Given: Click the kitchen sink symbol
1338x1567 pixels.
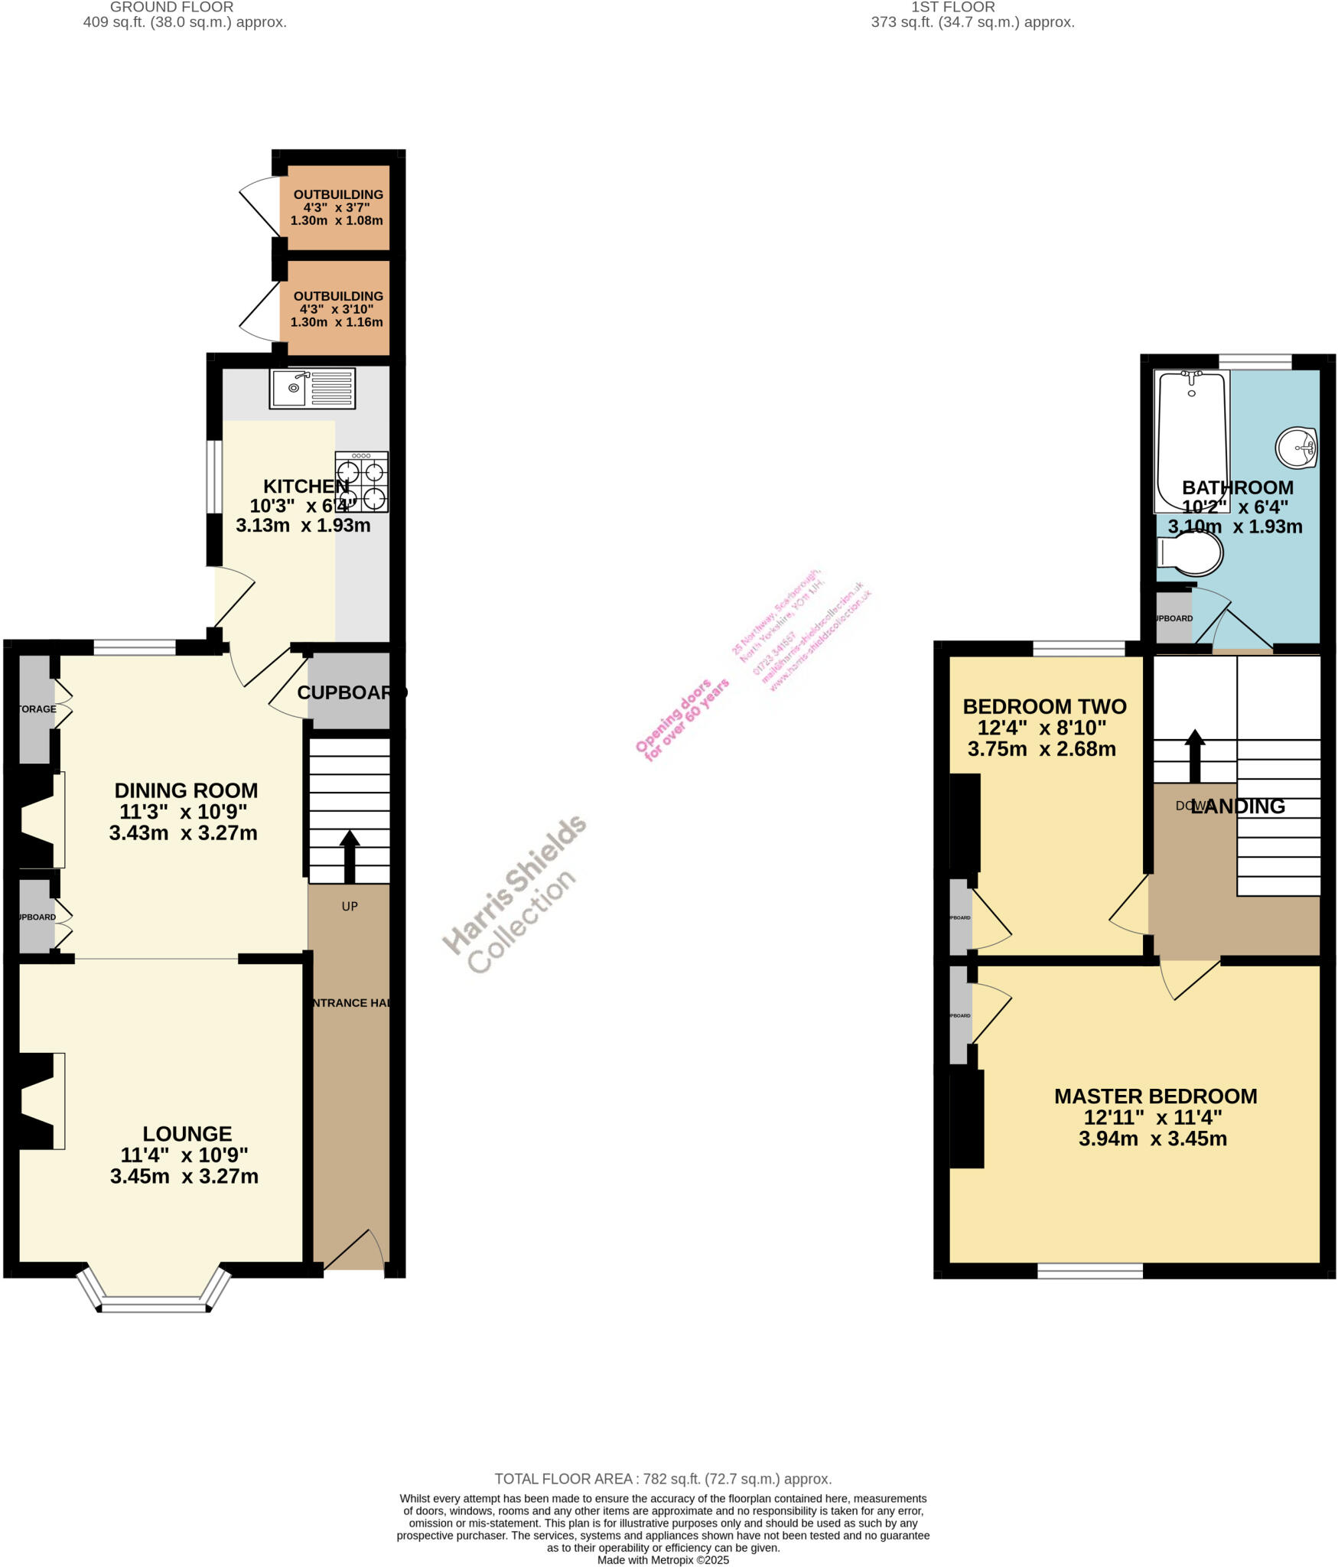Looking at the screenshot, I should tap(312, 388).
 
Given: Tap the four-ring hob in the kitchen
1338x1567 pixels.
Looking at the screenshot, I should tap(361, 483).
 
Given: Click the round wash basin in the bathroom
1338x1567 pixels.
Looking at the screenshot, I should tap(1297, 446).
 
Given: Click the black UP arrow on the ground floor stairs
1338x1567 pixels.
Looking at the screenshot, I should tap(350, 855).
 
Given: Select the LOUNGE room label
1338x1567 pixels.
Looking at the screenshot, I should tap(187, 1133).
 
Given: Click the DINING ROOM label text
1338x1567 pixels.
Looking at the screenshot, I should tap(186, 790).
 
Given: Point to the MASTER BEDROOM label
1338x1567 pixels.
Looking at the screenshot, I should tap(1155, 1096).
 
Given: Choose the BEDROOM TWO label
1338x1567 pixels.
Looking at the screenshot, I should tap(1044, 705).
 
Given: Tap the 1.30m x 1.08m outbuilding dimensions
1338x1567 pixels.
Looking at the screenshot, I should tap(337, 220).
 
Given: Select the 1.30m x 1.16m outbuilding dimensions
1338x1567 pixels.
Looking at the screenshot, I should tap(337, 322).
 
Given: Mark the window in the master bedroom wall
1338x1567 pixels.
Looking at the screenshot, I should tap(1089, 1270).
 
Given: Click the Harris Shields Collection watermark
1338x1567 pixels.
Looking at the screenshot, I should tap(515, 894).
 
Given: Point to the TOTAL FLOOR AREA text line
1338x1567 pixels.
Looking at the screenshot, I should tap(662, 1479).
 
